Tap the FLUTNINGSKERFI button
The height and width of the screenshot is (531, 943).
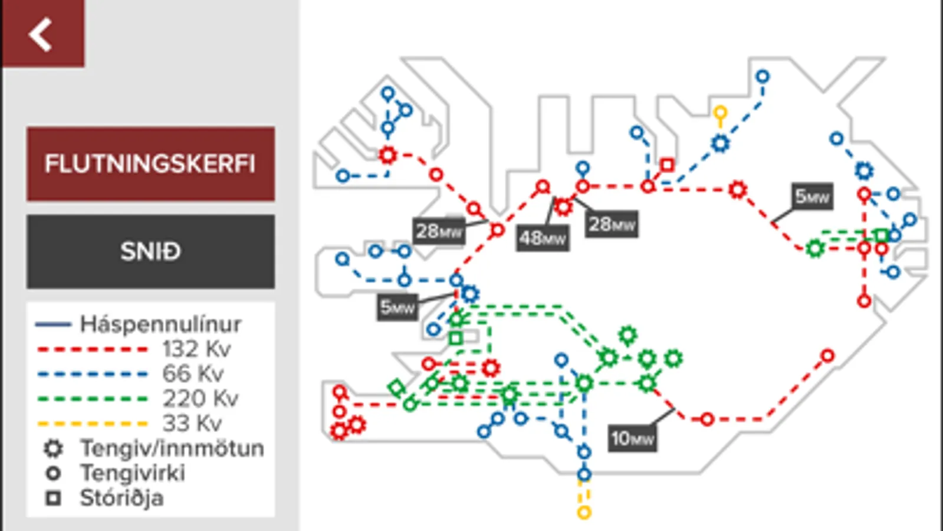[151, 164]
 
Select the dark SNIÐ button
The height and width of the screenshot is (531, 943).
[151, 251]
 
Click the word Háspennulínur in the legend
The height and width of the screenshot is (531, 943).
[161, 324]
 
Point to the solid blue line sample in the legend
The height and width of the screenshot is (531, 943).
[53, 324]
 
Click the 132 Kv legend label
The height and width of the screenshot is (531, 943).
[196, 349]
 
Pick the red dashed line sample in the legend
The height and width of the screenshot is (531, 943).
[93, 349]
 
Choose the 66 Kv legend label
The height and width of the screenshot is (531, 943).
[193, 373]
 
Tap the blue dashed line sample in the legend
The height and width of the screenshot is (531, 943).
[93, 374]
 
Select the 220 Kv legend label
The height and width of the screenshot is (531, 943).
[201, 398]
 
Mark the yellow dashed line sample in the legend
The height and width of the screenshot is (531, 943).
[93, 424]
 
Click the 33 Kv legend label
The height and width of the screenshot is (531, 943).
[192, 423]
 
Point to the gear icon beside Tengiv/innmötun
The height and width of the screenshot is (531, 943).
[54, 449]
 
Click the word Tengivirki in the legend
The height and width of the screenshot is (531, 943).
[133, 473]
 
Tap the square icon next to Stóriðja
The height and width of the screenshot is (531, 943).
[54, 498]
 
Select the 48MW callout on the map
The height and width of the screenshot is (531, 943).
[543, 239]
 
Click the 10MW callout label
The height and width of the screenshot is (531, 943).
[632, 438]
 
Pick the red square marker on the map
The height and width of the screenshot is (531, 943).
[667, 165]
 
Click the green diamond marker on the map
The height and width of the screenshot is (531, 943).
[396, 388]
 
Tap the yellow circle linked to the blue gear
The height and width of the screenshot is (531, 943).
[720, 113]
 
